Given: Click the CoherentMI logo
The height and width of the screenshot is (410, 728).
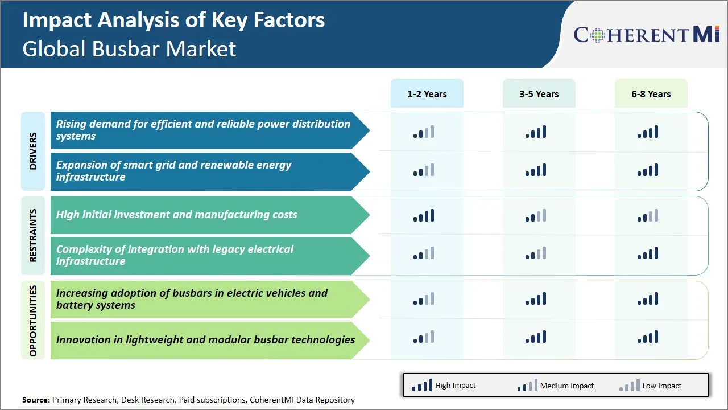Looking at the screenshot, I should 647,35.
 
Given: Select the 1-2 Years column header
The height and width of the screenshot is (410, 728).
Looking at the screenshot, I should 427,94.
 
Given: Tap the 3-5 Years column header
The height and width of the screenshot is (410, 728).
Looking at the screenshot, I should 539,94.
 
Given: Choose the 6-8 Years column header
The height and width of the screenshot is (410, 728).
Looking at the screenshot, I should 651,94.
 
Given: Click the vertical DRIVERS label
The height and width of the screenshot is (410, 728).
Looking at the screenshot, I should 33,151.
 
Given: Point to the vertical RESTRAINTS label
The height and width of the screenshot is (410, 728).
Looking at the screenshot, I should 33,235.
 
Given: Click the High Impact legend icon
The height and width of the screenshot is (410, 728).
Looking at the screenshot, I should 422,386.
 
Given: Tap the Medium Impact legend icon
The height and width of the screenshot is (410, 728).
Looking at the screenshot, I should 527,386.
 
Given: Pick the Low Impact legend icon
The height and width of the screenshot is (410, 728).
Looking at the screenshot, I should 630,386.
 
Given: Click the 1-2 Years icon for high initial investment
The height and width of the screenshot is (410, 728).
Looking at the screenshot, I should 424,215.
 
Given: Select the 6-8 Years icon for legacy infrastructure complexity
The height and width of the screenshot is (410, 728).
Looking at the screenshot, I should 648,253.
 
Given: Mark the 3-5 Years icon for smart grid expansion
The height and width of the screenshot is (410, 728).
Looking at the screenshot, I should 536,170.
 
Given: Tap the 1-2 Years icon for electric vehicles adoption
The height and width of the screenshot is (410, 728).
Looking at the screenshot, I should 424,299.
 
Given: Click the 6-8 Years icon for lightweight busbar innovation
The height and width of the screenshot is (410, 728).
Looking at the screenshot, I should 648,337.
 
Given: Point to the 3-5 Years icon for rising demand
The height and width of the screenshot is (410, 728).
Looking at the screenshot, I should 536,132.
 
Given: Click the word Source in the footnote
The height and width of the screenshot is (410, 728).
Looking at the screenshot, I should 35,400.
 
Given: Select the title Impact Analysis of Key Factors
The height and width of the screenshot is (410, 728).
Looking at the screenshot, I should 173,20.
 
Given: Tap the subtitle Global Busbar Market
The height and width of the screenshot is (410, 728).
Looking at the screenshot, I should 129,49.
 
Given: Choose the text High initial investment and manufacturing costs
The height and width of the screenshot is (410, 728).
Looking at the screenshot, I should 176,215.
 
